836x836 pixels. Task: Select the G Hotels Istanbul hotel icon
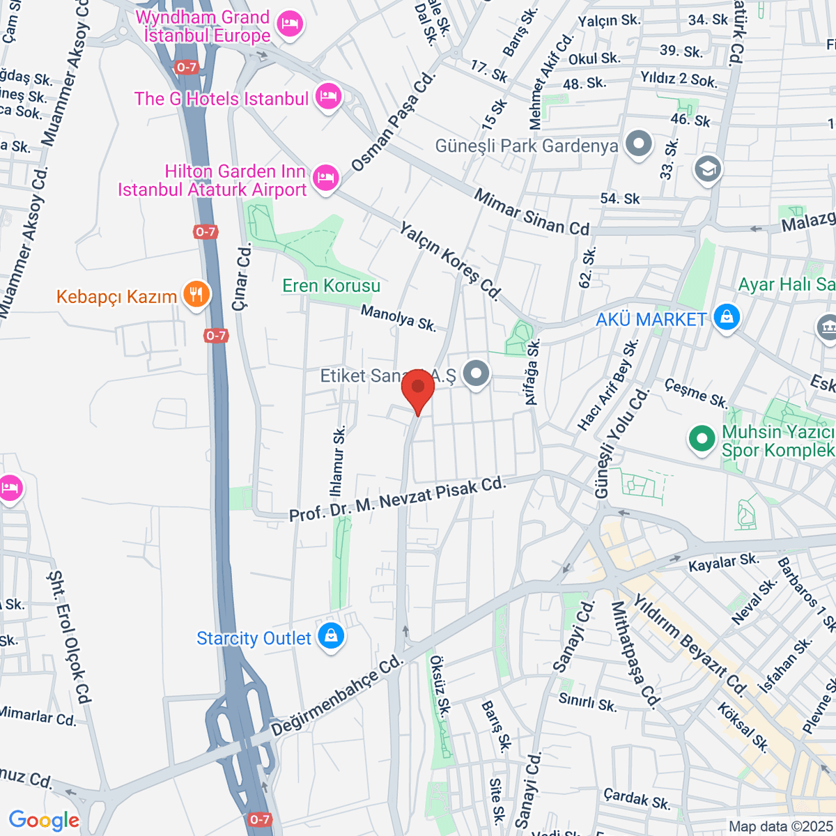(327, 97)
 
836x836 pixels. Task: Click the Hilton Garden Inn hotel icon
(325, 178)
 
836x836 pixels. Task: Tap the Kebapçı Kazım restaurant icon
(196, 295)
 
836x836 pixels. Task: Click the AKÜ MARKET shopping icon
(726, 318)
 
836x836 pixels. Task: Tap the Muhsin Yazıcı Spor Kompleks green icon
(702, 439)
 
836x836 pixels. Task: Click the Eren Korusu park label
(331, 286)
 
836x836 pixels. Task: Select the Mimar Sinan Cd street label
(532, 212)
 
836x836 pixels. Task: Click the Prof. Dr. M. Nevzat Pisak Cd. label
(396, 500)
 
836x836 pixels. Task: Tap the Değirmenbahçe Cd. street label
(338, 695)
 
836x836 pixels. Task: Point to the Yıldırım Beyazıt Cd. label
(690, 644)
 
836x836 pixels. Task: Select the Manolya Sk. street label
(398, 318)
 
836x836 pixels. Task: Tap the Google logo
(44, 820)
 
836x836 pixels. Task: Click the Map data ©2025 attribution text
(780, 826)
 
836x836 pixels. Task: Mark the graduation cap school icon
(708, 169)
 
